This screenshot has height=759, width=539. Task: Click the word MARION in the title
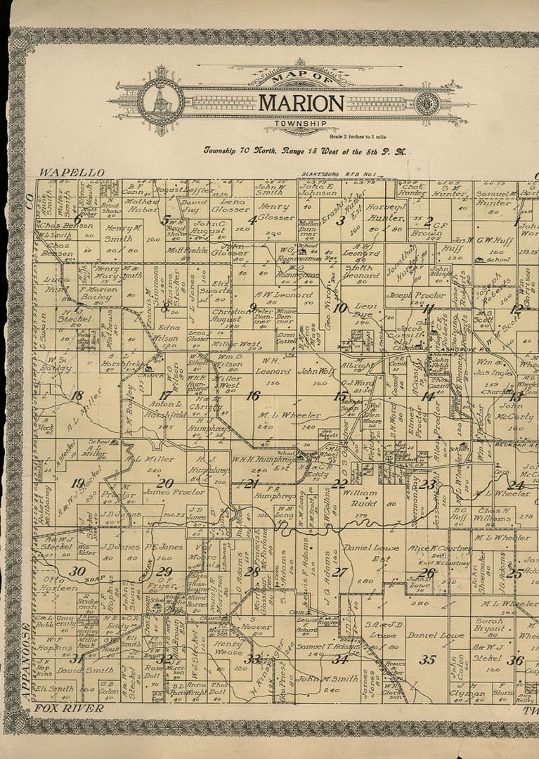click(301, 103)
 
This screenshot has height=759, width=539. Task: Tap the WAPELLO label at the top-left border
click(72, 172)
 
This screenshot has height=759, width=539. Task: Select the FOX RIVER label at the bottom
click(68, 708)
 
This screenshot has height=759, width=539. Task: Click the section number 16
click(252, 396)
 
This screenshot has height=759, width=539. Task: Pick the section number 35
click(427, 659)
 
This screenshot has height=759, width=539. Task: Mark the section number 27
click(339, 572)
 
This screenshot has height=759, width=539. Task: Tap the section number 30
click(77, 571)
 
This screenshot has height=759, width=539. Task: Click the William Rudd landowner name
click(359, 498)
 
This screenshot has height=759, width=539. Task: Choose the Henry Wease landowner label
click(229, 648)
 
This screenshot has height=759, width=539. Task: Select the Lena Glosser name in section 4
click(230, 205)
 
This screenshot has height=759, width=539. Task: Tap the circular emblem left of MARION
click(160, 102)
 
